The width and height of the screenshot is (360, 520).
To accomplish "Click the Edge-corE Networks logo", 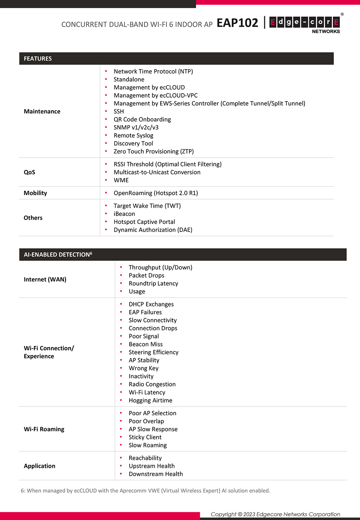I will [x=305, y=24].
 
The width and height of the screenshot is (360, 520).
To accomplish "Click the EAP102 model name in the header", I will [x=237, y=23].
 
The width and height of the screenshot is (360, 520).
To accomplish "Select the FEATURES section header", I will [x=38, y=59].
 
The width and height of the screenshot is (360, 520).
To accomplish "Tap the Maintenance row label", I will [x=42, y=112].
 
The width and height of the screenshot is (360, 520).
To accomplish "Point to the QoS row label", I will [x=30, y=172].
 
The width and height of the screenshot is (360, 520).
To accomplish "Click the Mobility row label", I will [x=35, y=193].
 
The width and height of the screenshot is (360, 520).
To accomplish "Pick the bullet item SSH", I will [x=119, y=112].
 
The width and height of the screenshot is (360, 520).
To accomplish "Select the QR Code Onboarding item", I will [x=142, y=120].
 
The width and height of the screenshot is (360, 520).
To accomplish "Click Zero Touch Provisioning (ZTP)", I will [x=154, y=152].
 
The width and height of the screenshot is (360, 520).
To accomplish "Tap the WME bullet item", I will [x=121, y=180].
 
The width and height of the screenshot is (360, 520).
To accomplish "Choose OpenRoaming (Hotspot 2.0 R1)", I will [x=156, y=193].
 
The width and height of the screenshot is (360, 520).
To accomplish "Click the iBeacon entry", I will [x=124, y=214].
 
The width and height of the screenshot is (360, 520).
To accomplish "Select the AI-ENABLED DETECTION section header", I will [x=58, y=255].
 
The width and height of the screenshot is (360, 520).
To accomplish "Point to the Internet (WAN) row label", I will [x=45, y=279].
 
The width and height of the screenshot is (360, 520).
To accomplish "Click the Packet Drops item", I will [x=147, y=275].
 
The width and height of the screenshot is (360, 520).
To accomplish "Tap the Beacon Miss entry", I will [x=146, y=344].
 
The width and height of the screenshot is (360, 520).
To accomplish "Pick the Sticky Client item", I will [x=145, y=437].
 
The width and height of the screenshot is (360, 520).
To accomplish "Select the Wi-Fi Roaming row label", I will [x=44, y=429].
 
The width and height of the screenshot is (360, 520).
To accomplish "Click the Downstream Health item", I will [x=156, y=474].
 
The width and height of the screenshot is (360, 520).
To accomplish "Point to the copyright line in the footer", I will [x=275, y=514].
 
